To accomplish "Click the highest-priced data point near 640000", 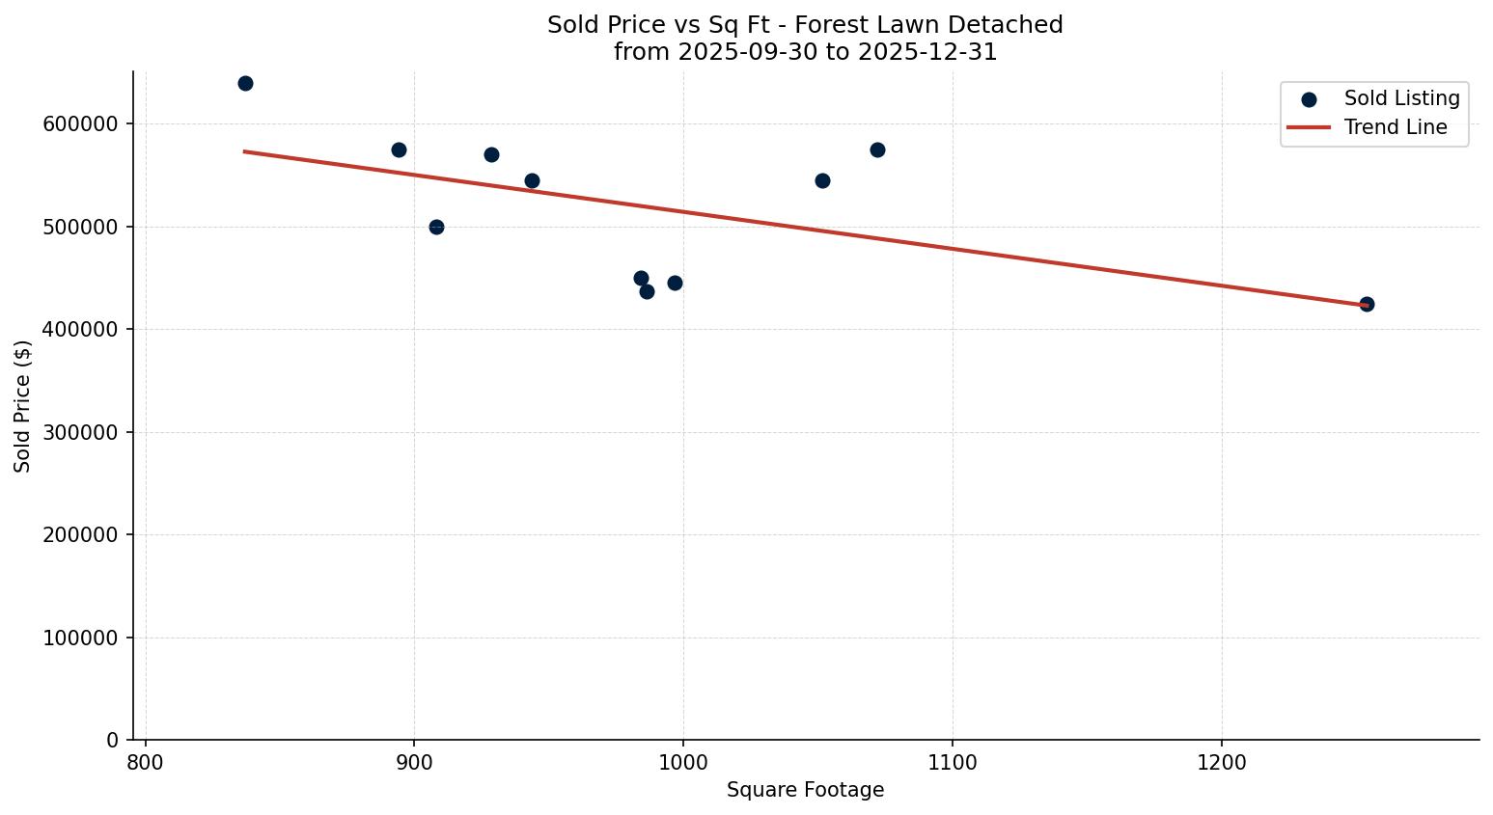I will pos(245,83).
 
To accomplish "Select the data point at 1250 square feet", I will pos(1367,304).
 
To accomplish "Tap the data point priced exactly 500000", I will pos(436,227).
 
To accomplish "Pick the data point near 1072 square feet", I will pos(877,149).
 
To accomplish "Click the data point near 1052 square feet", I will pos(822,180).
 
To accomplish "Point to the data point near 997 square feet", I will pos(675,283).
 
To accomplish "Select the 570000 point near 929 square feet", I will pos(491,154).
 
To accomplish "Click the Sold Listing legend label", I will pos(1401,98).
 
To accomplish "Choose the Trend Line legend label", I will pos(1396,127).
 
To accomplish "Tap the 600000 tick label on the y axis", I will pos(81,124).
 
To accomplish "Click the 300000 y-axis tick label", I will pos(81,432).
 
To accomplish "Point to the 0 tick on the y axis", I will pos(112,740).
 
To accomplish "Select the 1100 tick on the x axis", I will pos(953,763).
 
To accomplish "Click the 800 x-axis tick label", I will pos(146,763).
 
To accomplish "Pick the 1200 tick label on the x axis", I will pos(1222,763).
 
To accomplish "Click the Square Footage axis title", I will pos(805,791).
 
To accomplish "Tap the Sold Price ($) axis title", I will pos(23,406).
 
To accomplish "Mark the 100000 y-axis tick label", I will pos(81,638).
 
